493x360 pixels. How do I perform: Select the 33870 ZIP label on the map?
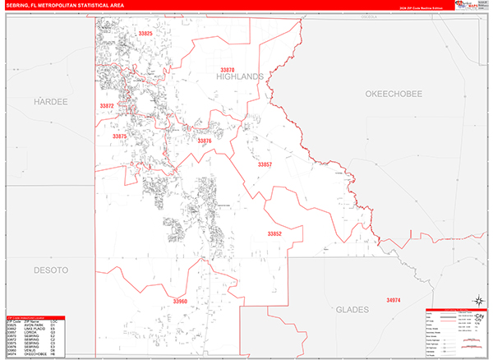pos(228,69)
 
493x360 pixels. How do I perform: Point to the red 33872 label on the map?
pos(107,106)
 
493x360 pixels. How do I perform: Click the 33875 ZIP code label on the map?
pos(120,136)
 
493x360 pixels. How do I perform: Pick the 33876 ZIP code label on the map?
pos(204,141)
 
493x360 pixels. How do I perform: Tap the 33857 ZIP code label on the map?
pos(264,165)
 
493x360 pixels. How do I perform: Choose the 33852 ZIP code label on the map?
pos(274,233)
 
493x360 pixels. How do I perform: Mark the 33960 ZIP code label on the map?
pos(180,302)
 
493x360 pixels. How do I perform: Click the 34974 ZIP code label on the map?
pos(394,301)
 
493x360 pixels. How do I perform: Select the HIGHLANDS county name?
pos(240,76)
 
